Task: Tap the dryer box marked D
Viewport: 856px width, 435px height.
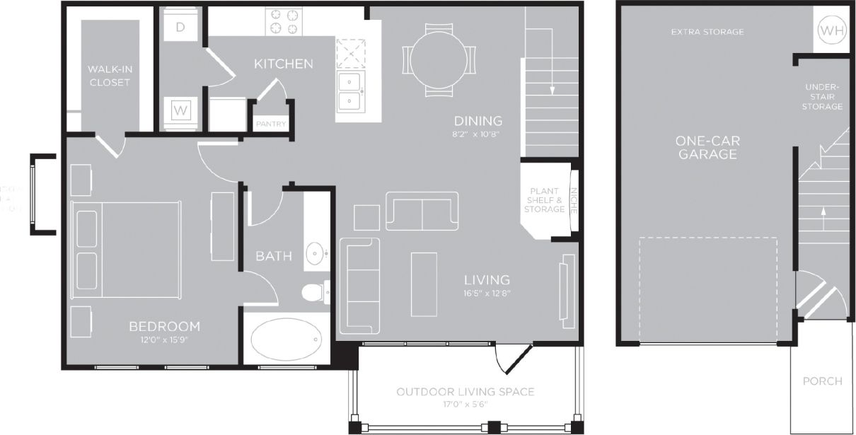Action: (180, 27)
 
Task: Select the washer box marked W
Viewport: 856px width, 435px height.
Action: (180, 110)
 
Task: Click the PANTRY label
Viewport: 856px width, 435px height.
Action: (271, 124)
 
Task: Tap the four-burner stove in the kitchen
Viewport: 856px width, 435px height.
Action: (284, 21)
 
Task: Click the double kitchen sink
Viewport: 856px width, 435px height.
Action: (352, 91)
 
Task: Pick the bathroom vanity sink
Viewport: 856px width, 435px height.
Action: (316, 251)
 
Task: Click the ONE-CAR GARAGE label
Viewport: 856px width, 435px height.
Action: (708, 147)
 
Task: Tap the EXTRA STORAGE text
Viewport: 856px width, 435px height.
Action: (707, 32)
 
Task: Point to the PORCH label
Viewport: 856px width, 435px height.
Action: (823, 381)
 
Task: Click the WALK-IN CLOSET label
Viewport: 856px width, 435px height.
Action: (109, 76)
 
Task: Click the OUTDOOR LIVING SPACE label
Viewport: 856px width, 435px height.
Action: (465, 392)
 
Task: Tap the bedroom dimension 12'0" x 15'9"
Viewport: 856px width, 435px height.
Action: (164, 340)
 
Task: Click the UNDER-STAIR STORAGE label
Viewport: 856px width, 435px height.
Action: (823, 97)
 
